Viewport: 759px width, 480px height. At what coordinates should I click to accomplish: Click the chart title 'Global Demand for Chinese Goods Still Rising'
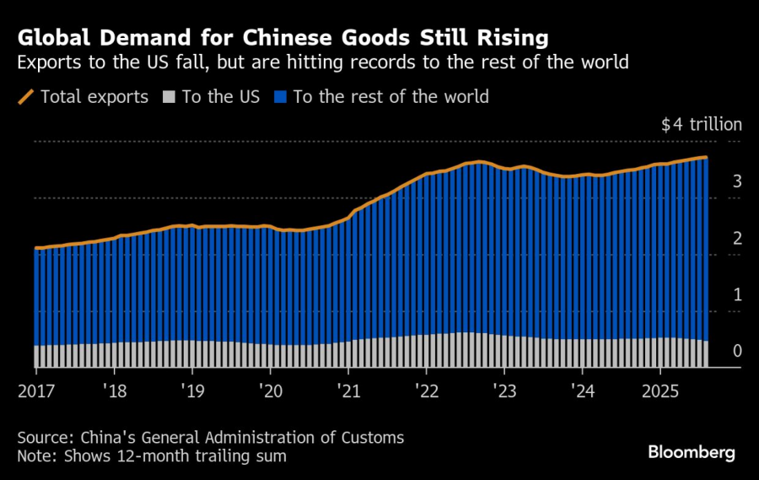(283, 38)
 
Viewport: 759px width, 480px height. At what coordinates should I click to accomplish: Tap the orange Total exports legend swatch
(26, 97)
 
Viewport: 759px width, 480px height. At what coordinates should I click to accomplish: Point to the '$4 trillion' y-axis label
(701, 125)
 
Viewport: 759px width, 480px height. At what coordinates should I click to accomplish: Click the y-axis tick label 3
(737, 181)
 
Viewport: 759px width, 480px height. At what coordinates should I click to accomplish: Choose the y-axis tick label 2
(737, 238)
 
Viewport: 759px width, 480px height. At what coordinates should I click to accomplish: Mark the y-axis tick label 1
(737, 294)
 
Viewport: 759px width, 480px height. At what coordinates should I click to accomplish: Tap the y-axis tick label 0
(737, 351)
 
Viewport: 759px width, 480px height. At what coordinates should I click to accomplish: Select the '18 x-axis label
(115, 391)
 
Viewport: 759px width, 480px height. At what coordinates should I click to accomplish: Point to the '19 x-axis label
(192, 391)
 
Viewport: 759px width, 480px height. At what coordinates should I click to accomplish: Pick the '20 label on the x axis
(270, 391)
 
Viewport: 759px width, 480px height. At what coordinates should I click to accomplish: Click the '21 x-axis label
(348, 391)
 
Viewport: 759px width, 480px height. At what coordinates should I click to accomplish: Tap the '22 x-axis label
(427, 391)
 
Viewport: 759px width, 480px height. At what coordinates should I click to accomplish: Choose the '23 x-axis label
(504, 391)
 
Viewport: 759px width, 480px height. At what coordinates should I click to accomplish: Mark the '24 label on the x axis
(583, 391)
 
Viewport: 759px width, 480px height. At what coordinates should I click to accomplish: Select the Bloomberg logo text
(692, 452)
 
